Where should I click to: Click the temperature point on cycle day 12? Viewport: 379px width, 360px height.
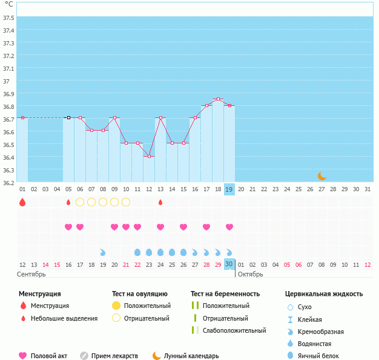pyautogui.click(x=149, y=156)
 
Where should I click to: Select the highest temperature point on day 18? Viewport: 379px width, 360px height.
pyautogui.click(x=218, y=99)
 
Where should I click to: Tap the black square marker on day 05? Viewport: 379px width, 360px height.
pyautogui.click(x=68, y=117)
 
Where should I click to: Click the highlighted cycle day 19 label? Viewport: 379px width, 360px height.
pyautogui.click(x=229, y=189)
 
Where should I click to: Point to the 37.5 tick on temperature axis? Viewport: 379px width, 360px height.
pyautogui.click(x=9, y=18)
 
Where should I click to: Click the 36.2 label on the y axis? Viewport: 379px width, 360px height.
pyautogui.click(x=9, y=183)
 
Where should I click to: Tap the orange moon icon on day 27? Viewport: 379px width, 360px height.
pyautogui.click(x=321, y=176)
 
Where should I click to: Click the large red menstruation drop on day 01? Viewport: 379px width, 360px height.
pyautogui.click(x=22, y=202)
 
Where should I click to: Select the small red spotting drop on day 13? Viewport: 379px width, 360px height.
pyautogui.click(x=160, y=202)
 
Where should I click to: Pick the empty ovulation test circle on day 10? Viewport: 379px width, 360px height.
pyautogui.click(x=126, y=202)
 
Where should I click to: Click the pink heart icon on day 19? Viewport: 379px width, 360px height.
pyautogui.click(x=229, y=227)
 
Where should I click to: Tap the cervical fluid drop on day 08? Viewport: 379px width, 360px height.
pyautogui.click(x=103, y=252)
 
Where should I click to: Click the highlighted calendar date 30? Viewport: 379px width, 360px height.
pyautogui.click(x=229, y=264)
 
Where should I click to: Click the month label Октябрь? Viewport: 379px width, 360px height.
pyautogui.click(x=250, y=275)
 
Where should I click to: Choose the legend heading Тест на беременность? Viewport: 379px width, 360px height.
pyautogui.click(x=225, y=293)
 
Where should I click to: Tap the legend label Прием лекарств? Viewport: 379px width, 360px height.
pyautogui.click(x=114, y=356)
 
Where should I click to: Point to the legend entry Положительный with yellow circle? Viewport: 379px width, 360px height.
pyautogui.click(x=147, y=306)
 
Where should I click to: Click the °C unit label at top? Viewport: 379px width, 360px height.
pyautogui.click(x=8, y=4)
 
